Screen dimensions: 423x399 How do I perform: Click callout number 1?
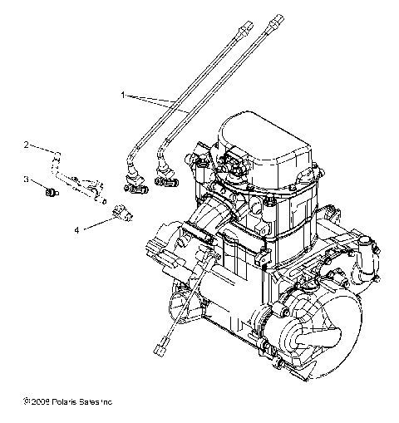click(124, 96)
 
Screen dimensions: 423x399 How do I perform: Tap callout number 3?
click(27, 180)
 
